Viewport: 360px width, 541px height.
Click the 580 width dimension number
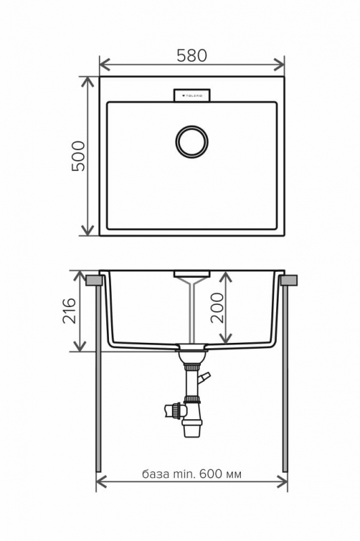[192, 56]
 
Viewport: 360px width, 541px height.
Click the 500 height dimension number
[79, 156]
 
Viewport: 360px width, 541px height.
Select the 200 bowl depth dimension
[217, 308]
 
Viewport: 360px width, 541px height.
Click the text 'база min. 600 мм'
[192, 474]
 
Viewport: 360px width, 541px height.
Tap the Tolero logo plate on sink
[192, 95]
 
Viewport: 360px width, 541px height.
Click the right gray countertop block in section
[291, 279]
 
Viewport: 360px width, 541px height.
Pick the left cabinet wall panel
[99, 379]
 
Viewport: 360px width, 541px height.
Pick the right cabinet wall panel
[285, 379]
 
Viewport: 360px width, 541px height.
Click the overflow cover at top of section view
[192, 275]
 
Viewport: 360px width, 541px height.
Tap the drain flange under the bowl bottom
[192, 352]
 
